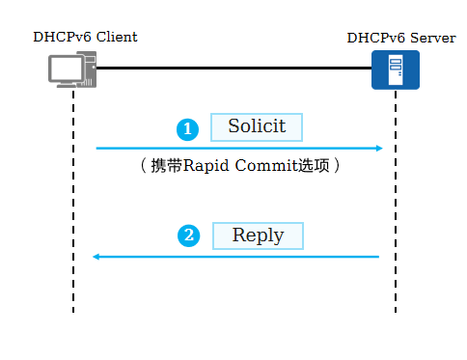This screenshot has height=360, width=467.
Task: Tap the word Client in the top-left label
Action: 115,38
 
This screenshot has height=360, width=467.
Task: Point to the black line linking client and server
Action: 232,69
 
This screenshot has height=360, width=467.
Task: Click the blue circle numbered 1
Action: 188,128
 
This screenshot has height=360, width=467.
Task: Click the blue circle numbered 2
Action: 188,236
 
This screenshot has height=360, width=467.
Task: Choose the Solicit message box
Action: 257,127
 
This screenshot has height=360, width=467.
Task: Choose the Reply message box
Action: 258,235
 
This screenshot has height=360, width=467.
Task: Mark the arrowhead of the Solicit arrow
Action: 380,149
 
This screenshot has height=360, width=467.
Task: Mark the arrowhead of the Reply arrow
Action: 96,257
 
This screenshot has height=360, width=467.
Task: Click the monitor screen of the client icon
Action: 67,68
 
